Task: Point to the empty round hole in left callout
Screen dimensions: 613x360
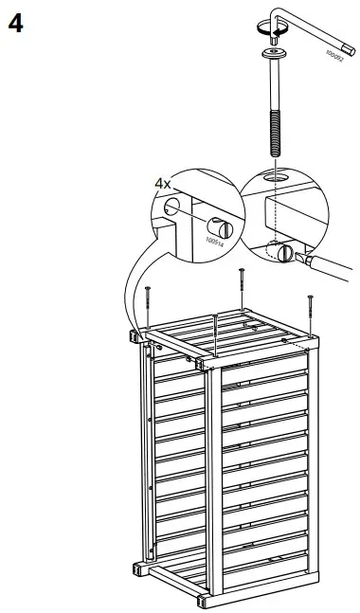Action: (171, 206)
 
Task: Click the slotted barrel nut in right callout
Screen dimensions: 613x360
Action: (282, 250)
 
